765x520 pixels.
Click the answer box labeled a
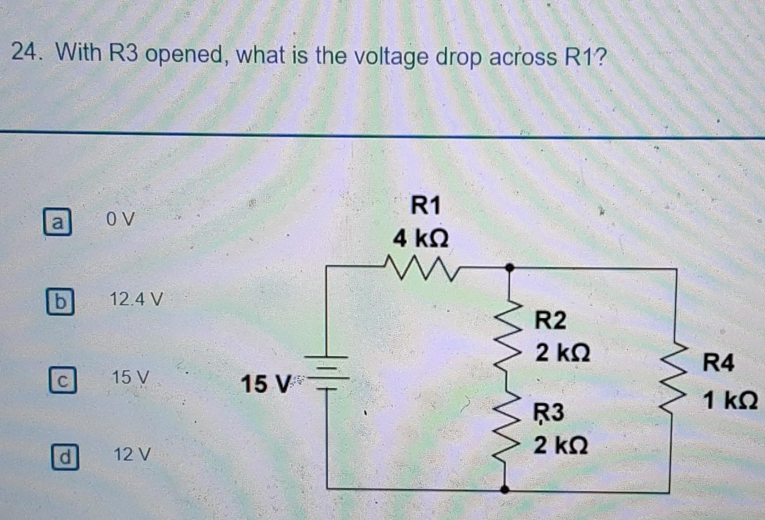coord(57,222)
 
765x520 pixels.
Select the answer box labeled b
coord(59,301)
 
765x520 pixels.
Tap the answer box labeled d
coord(65,457)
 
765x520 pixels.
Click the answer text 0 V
coord(120,219)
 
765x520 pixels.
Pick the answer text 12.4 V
coord(136,299)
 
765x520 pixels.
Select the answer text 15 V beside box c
coord(130,377)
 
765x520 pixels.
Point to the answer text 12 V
coord(132,454)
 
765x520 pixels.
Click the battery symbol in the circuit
coord(327,373)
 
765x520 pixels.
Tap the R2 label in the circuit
coord(550,320)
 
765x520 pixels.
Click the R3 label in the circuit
coord(549,413)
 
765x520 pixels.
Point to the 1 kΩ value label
coord(729,401)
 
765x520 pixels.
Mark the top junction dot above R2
coord(509,267)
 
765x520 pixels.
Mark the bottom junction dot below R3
coord(505,489)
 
